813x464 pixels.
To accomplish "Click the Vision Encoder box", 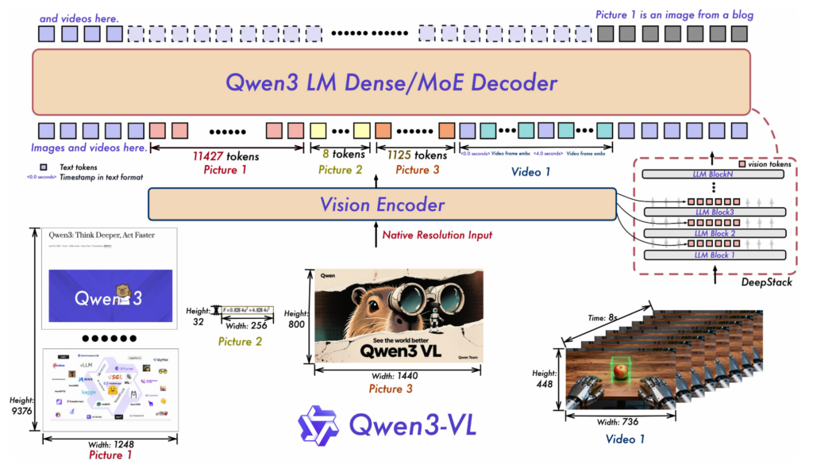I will [x=382, y=205].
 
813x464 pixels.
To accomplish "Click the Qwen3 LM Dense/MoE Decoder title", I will [x=391, y=82].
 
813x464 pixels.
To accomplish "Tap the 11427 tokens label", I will [x=226, y=155].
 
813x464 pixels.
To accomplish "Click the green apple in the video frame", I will [x=619, y=371].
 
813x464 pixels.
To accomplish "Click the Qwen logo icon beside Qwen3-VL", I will [x=318, y=424].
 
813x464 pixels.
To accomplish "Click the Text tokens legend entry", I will [x=73, y=167].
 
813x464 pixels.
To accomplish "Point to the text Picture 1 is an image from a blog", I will [x=674, y=14].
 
